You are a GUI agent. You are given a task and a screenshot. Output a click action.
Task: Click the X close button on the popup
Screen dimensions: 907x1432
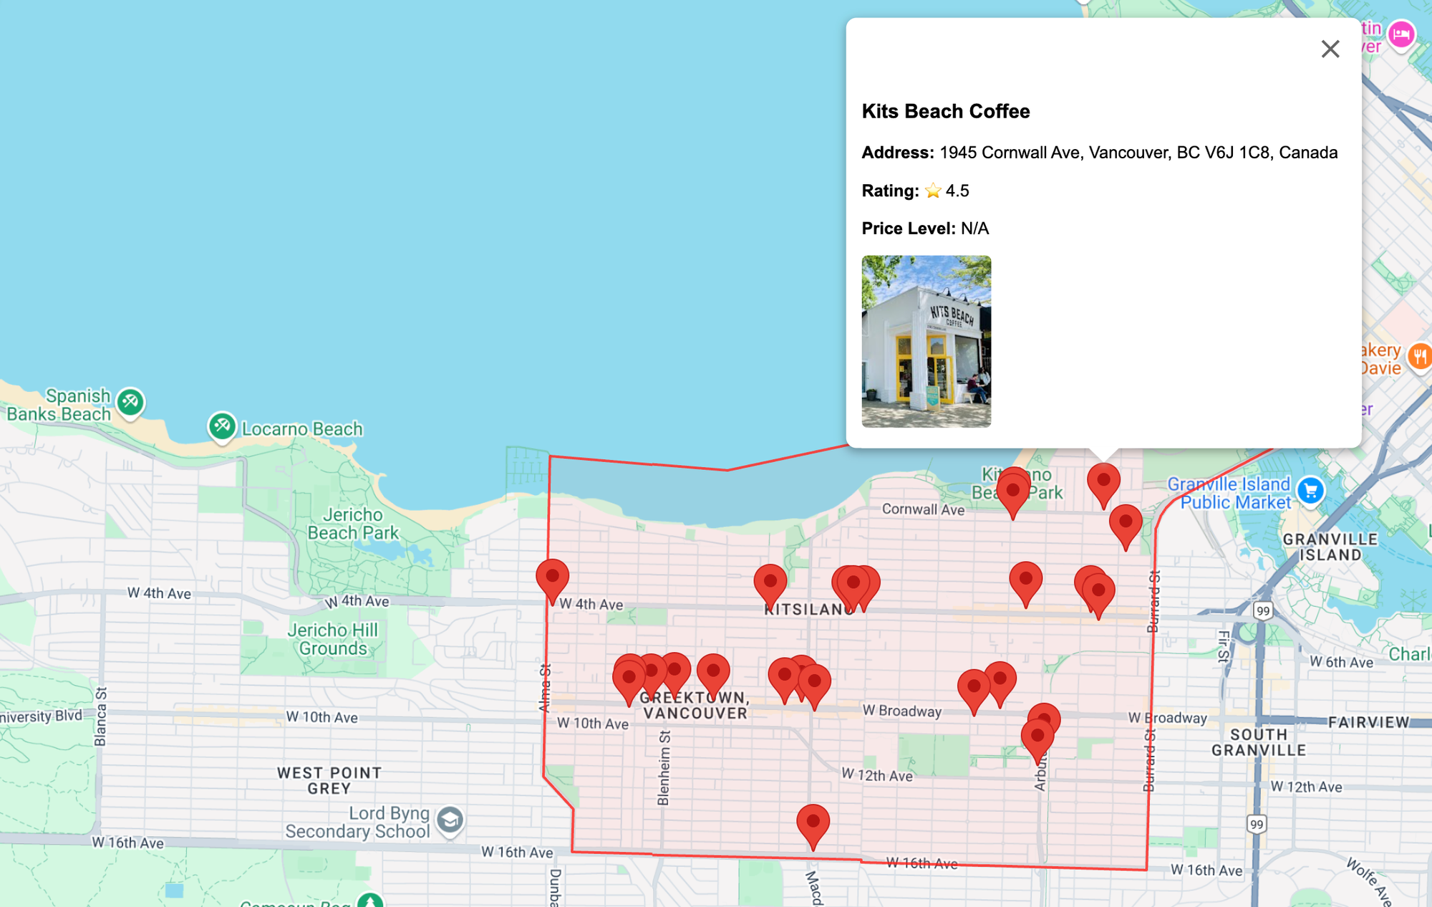pos(1330,49)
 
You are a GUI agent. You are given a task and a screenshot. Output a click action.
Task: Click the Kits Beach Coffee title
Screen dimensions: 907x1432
pos(945,112)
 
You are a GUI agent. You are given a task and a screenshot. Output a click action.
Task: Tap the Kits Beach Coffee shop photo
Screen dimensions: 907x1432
pos(926,341)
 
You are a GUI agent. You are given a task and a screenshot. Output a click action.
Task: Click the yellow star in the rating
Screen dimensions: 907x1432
pos(932,191)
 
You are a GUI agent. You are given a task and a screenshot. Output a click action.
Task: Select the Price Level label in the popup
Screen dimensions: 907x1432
pos(908,229)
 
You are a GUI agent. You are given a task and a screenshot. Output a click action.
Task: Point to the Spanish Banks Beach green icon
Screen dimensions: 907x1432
pos(130,401)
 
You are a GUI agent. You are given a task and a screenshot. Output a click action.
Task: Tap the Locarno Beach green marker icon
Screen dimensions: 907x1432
pos(222,426)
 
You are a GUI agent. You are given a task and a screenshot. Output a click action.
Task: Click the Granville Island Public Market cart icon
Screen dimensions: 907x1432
pos(1310,491)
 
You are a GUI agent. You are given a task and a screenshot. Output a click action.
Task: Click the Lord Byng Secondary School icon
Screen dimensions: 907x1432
pos(450,820)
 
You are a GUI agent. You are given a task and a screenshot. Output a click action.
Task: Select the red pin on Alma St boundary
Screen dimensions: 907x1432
pos(552,577)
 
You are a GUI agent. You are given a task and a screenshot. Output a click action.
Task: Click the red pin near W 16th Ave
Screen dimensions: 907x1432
pos(813,822)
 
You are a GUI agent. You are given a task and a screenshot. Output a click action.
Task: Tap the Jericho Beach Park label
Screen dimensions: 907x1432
pos(352,524)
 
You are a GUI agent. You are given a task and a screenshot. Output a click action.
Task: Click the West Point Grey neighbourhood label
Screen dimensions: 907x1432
pos(329,780)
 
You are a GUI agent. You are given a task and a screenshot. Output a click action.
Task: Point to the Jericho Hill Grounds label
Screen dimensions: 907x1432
pos(333,639)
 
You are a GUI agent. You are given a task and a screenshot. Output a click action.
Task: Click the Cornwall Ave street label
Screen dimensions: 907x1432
pos(923,509)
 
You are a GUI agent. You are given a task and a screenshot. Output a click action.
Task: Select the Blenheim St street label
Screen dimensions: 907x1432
pos(664,767)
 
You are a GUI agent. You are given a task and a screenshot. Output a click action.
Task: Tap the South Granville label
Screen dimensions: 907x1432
pos(1258,742)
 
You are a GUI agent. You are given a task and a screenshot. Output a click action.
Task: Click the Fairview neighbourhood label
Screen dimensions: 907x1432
pos(1368,722)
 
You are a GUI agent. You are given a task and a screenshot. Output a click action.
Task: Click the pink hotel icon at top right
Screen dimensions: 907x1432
pos(1400,34)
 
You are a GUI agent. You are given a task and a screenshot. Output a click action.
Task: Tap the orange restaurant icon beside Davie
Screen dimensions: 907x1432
pos(1419,356)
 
